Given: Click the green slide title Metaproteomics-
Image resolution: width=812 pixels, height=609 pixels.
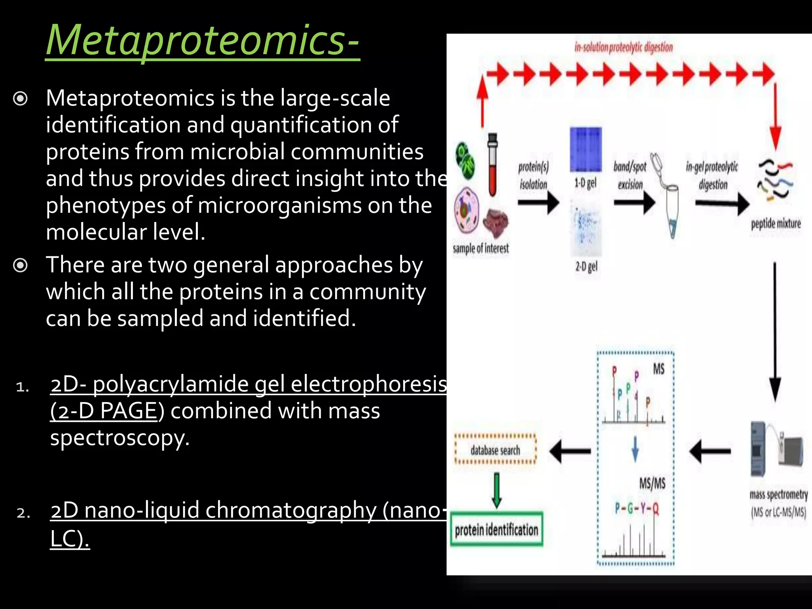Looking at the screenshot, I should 202,40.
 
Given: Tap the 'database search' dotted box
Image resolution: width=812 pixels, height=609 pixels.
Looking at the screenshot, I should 495,450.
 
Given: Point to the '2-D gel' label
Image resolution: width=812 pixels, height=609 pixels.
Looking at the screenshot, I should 586,267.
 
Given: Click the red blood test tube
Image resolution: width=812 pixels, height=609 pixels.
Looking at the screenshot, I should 492,165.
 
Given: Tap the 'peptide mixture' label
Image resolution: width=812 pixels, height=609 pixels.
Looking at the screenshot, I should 776,224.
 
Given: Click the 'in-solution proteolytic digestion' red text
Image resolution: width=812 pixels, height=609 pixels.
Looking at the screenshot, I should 623,48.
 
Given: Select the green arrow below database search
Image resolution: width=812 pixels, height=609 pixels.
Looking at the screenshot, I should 496,490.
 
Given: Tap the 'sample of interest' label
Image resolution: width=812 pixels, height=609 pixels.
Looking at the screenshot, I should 481,249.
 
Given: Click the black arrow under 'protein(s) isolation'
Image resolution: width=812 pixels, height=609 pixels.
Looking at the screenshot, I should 538,203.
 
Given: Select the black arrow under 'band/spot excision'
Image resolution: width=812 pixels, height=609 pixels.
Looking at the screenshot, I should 634,203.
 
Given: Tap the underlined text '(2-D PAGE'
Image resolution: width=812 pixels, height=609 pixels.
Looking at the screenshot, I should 104,411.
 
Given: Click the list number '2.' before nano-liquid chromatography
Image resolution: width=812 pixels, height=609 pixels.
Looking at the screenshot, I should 23,513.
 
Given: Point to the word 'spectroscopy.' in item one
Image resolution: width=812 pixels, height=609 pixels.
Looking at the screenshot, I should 120,438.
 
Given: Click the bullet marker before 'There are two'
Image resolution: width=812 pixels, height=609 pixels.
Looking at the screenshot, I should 20,265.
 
